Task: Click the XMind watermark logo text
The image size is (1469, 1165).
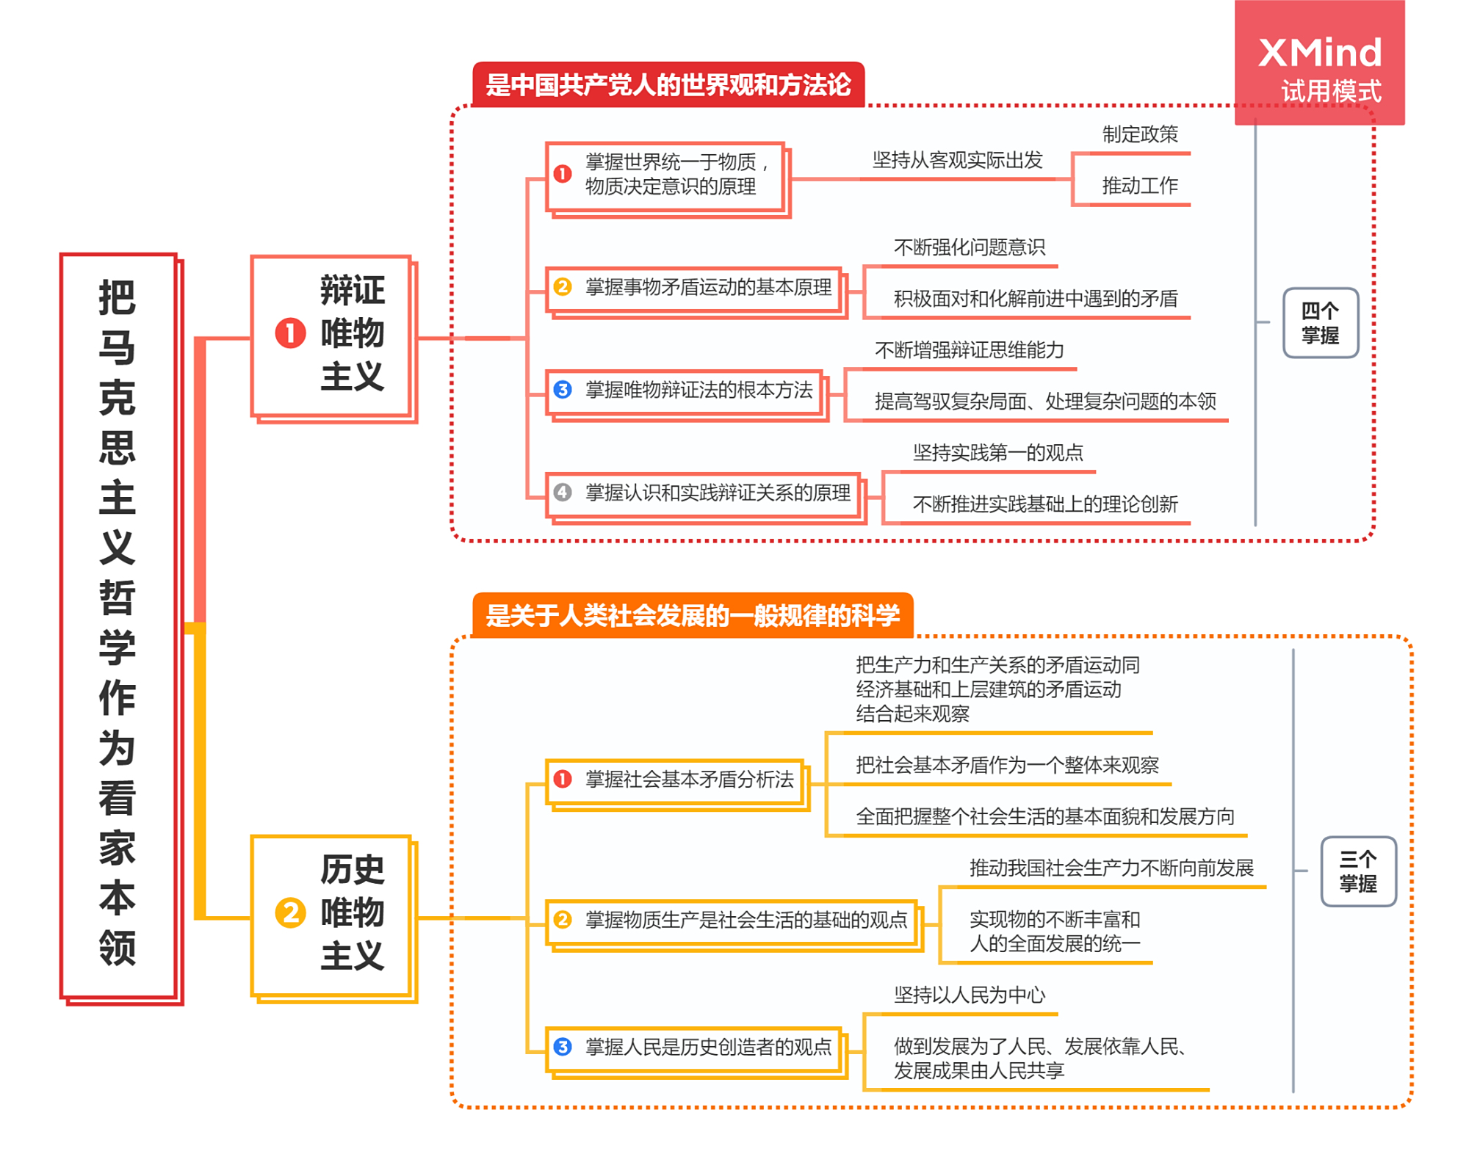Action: point(1319,53)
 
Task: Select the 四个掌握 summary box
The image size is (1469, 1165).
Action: point(1320,323)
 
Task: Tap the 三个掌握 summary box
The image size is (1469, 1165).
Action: point(1357,871)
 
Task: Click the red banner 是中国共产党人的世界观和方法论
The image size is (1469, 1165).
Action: point(668,85)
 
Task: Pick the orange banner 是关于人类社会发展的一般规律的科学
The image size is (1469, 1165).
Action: point(692,615)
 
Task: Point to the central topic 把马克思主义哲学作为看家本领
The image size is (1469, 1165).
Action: point(118,624)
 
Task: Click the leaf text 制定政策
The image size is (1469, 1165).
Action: point(1139,134)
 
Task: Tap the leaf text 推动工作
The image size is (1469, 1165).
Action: point(1139,186)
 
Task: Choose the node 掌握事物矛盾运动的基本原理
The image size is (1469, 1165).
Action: point(707,287)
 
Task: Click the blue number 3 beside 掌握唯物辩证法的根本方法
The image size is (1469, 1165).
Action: point(563,390)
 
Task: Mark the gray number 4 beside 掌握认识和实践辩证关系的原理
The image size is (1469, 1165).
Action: point(563,493)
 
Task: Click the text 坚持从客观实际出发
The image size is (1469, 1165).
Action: point(957,160)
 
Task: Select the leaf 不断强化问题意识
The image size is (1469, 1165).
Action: point(969,247)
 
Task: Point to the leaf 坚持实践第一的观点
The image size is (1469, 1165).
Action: point(997,453)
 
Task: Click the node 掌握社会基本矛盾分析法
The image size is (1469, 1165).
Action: point(688,780)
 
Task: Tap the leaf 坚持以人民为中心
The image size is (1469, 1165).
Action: point(969,995)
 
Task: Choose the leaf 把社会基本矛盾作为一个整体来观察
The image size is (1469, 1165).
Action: point(1006,766)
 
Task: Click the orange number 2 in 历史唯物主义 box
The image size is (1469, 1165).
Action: point(290,913)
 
